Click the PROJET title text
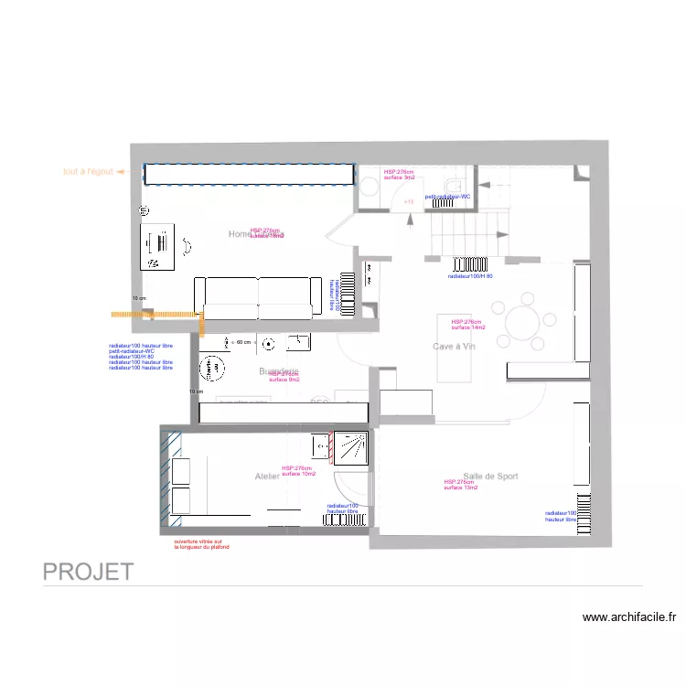[89, 573]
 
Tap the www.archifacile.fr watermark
[629, 617]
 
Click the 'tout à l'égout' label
[88, 171]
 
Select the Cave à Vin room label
[455, 347]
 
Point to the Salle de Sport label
[491, 476]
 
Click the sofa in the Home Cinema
[259, 296]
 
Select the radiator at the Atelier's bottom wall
[347, 520]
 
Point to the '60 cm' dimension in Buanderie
[242, 342]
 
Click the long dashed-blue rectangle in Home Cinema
[249, 174]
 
